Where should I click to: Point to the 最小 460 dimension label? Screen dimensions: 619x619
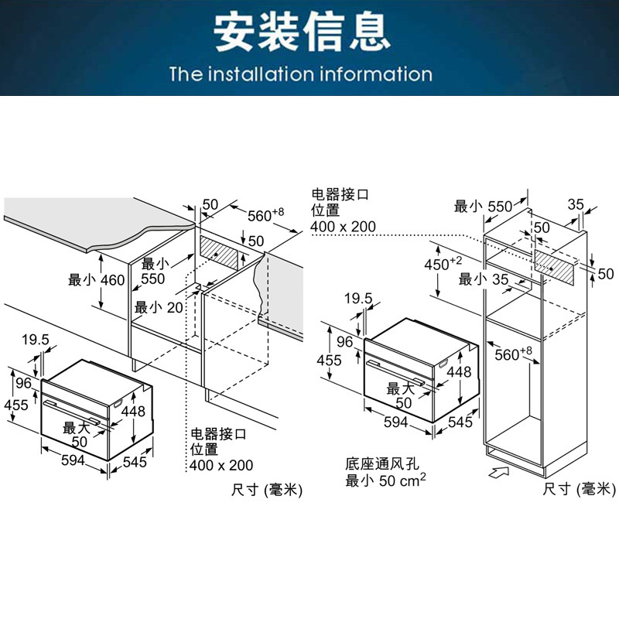[96, 279]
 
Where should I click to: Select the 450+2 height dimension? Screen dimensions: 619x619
[443, 263]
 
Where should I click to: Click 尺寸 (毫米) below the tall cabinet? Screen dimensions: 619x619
[577, 488]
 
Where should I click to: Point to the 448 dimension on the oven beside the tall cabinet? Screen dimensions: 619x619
[459, 372]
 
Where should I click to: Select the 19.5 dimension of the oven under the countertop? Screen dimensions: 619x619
[35, 339]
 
